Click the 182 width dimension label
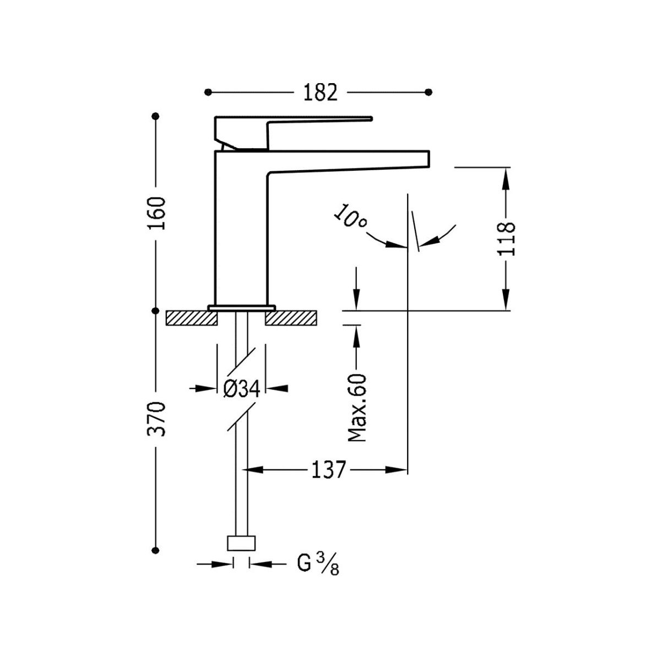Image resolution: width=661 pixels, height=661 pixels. [319, 92]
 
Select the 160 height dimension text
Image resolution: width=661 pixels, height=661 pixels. [156, 214]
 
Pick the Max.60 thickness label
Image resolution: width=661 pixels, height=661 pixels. [357, 407]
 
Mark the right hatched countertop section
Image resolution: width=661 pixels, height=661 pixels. [291, 318]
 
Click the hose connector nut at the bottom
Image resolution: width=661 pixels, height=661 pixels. [242, 543]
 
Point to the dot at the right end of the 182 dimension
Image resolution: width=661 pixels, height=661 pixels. [430, 91]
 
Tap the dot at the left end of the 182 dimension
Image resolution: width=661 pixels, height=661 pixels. [207, 91]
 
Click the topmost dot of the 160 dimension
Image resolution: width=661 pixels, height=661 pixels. [156, 116]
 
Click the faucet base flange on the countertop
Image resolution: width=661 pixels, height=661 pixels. [241, 306]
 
